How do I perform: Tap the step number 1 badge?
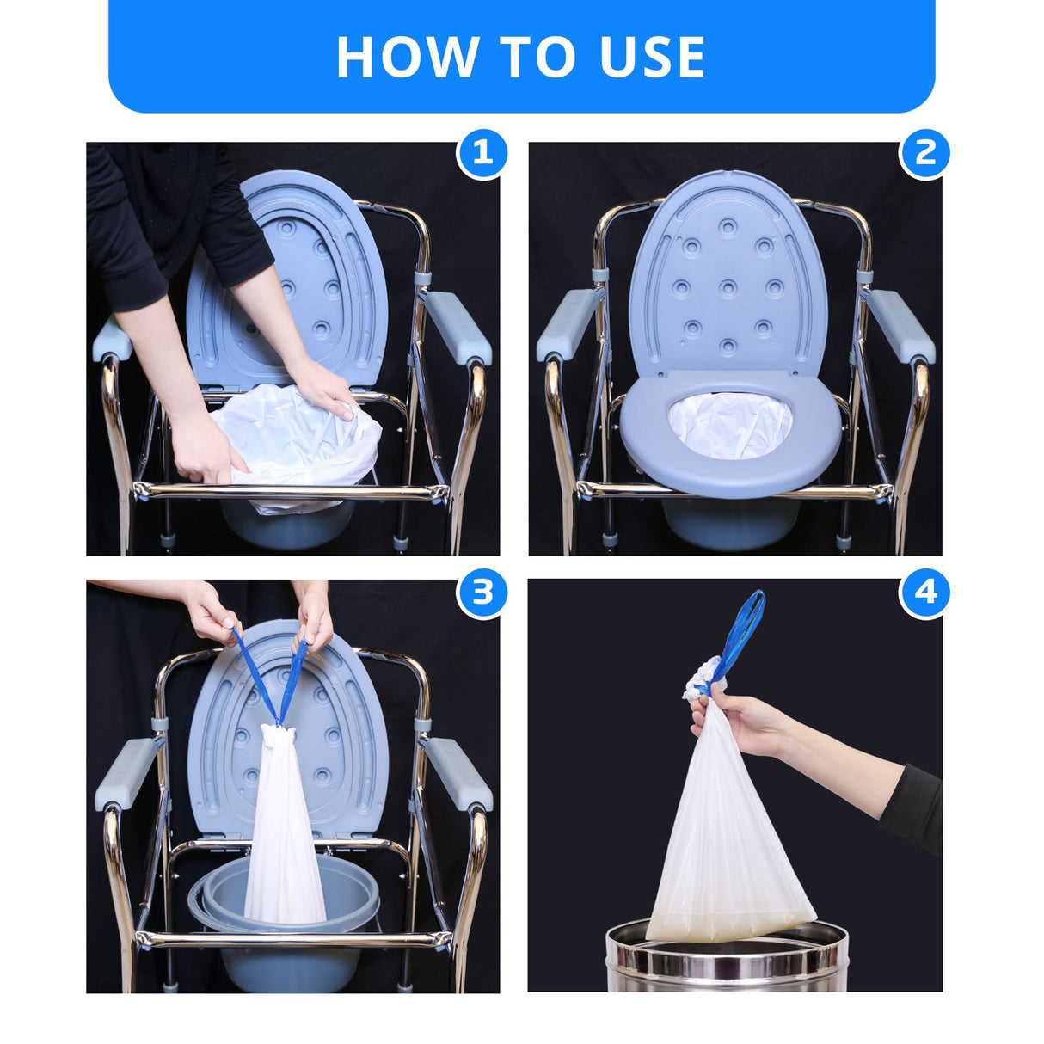pos(482,154)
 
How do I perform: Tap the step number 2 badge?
pos(924,154)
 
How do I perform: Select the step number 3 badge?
pos(482,593)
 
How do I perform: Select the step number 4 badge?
pos(924,593)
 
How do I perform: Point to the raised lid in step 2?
pos(728,275)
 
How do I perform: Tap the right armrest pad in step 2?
pos(898,324)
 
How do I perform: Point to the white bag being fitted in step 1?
pos(297,443)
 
